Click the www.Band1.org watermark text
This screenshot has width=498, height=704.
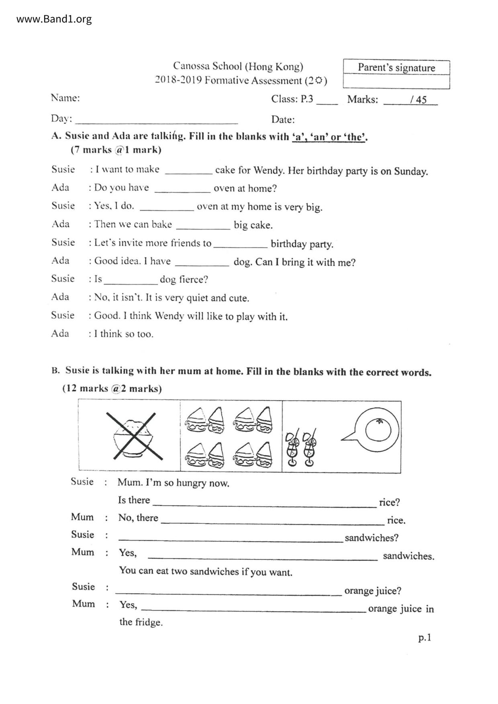pos(54,19)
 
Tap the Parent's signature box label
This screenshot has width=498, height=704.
pos(396,67)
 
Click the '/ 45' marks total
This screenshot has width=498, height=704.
pos(418,100)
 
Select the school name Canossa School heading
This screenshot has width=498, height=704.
pos(238,66)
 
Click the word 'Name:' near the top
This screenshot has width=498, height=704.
pos(65,98)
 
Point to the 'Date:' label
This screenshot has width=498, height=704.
pos(283,120)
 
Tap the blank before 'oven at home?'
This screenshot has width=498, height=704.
pos(182,189)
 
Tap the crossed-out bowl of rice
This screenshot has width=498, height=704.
pos(134,436)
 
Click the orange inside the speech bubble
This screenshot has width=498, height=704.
pos(378,431)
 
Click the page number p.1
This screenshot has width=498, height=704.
pos(425,637)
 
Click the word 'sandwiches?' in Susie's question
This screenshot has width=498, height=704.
pos(371,538)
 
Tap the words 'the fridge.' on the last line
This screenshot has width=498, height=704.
pos(141,623)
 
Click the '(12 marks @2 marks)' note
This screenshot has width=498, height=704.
pos(112,389)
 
